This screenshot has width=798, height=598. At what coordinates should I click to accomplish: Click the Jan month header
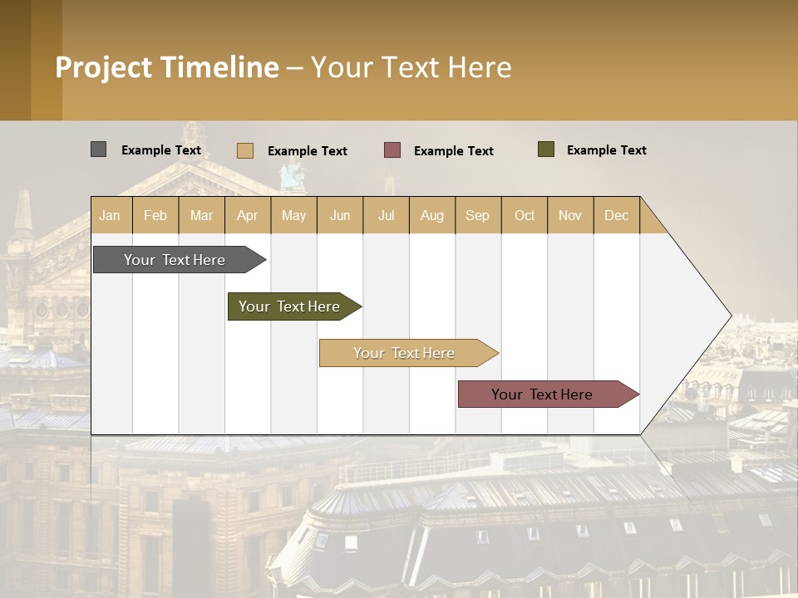[x=110, y=215]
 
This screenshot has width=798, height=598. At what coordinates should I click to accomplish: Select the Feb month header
[x=155, y=215]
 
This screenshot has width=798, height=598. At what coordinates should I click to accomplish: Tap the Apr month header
[x=247, y=215]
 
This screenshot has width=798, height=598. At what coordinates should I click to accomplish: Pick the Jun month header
[x=340, y=215]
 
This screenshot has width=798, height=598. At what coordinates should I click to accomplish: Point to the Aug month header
[x=431, y=215]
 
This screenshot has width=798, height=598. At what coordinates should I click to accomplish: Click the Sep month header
[x=477, y=215]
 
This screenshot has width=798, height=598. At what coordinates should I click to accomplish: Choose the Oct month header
[x=525, y=215]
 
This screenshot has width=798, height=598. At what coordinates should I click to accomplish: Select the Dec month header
[x=616, y=215]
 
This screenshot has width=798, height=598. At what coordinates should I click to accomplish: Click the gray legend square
[x=98, y=149]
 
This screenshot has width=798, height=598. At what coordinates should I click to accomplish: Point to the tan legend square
[x=244, y=150]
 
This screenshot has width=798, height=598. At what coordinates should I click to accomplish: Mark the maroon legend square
[x=392, y=150]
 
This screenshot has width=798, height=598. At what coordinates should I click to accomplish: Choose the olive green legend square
[x=546, y=149]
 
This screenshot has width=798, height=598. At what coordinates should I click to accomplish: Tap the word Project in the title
[x=104, y=67]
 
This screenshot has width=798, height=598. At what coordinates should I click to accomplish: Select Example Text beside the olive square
[x=606, y=149]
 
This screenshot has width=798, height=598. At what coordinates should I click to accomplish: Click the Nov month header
[x=569, y=215]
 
